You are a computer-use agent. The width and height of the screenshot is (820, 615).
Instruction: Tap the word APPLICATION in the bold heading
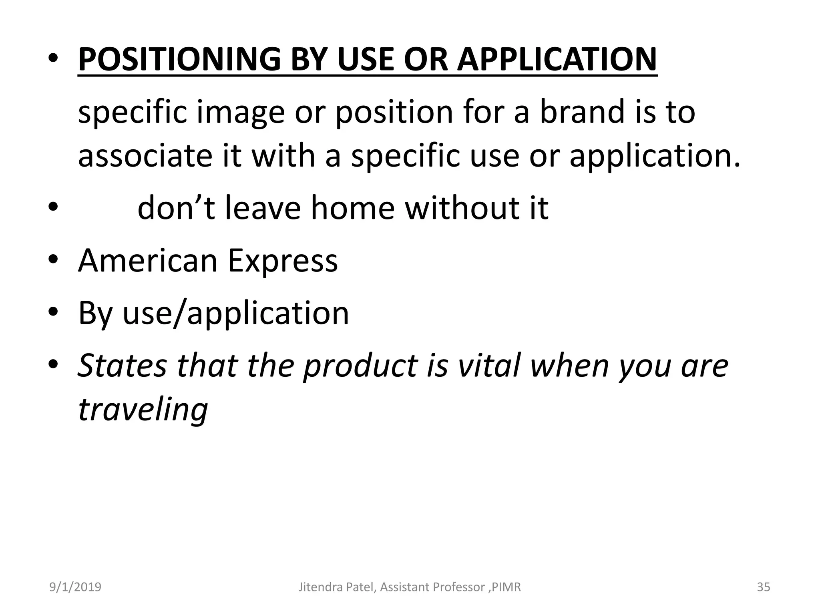pos(557,59)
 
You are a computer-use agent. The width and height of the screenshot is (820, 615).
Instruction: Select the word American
pos(147,261)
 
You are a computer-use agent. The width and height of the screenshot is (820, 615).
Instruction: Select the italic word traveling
pos(143,410)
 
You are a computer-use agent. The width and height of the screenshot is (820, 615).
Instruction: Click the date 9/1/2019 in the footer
pos(75,587)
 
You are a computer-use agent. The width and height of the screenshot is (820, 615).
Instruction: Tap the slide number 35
pos(763,587)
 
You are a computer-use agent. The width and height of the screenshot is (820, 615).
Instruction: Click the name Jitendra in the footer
pos(318,587)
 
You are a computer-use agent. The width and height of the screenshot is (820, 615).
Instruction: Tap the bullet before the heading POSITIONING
pos(54,59)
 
